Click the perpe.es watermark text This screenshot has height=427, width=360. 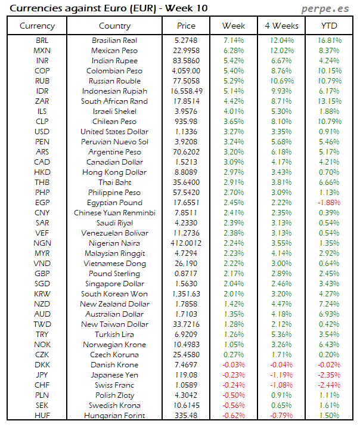(x=325, y=8)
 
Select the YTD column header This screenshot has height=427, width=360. (x=328, y=26)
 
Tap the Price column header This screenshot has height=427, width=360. (x=186, y=26)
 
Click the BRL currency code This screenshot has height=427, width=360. (x=42, y=41)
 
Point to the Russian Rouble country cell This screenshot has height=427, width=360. (x=114, y=81)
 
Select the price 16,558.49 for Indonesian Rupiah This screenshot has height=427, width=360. (x=186, y=91)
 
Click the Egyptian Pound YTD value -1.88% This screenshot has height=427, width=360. (x=328, y=203)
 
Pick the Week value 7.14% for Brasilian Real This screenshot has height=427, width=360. (x=234, y=41)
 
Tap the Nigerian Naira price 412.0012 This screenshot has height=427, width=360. (x=186, y=243)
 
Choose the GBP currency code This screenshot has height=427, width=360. (x=42, y=274)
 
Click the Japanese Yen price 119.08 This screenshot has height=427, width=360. (x=186, y=375)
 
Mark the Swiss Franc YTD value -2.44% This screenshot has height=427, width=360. (x=328, y=385)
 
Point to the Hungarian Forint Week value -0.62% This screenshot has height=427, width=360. (x=234, y=416)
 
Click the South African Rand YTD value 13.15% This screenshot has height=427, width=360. (x=328, y=101)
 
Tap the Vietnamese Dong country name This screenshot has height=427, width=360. (x=114, y=264)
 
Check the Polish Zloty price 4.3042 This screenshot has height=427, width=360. (x=186, y=395)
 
